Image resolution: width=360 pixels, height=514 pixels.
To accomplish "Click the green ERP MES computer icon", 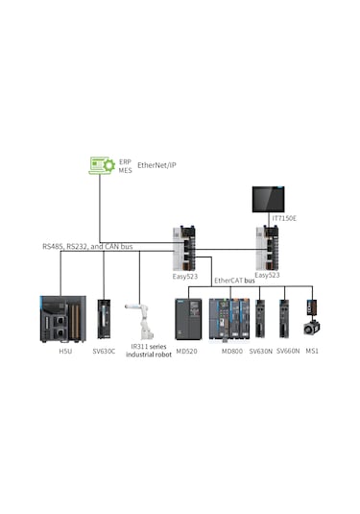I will click(102, 165).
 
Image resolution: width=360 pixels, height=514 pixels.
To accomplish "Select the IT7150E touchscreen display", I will click(269, 197).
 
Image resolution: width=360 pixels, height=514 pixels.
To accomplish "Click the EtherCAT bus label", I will click(233, 281).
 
